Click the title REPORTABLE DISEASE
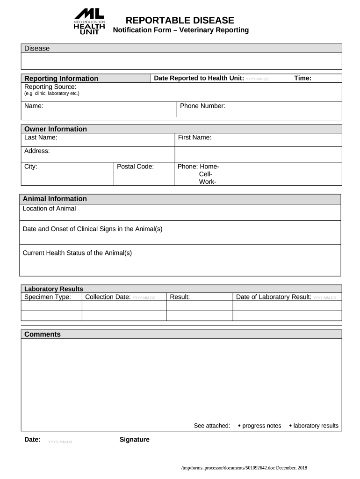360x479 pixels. pyautogui.click(x=180, y=20)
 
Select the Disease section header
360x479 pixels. pyautogui.click(x=37, y=49)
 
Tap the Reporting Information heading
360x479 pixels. pyautogui.click(x=61, y=79)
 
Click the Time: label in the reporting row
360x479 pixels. pyautogui.click(x=302, y=78)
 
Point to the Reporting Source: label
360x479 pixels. pyautogui.click(x=50, y=87)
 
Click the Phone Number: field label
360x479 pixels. pyautogui.click(x=202, y=106)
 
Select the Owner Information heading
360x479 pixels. pyautogui.click(x=56, y=129)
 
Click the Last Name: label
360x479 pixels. pyautogui.click(x=41, y=138)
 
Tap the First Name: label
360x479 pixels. pyautogui.click(x=194, y=138)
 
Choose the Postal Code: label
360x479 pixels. pyautogui.click(x=135, y=167)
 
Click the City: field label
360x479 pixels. pyautogui.click(x=31, y=167)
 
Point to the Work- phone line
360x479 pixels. pyautogui.click(x=208, y=182)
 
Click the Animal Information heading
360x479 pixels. pyautogui.click(x=55, y=199)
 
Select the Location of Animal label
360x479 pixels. pyautogui.click(x=49, y=209)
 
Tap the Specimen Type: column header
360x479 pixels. pyautogui.click(x=48, y=297)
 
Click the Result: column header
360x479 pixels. pyautogui.click(x=180, y=297)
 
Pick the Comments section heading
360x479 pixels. pyautogui.click(x=43, y=334)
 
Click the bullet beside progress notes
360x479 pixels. pyautogui.click(x=239, y=426)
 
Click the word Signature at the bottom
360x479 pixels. pyautogui.click(x=135, y=440)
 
